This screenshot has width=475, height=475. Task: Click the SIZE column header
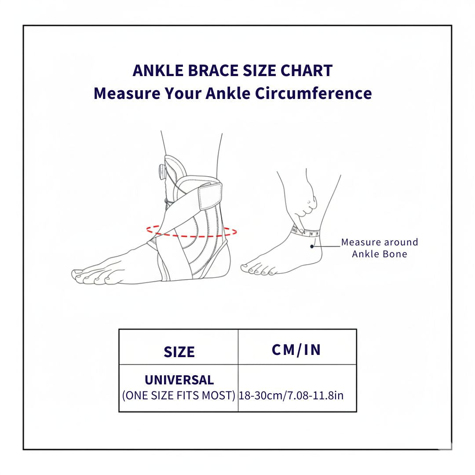tap(179, 352)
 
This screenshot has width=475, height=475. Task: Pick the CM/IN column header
tap(297, 350)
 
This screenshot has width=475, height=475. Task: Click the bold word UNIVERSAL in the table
tap(179, 380)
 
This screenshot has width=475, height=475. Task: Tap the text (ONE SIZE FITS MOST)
tap(179, 395)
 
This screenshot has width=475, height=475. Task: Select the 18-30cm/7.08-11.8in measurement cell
tap(291, 395)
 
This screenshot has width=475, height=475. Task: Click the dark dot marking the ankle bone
tap(312, 246)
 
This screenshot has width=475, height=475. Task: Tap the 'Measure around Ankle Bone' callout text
tap(380, 248)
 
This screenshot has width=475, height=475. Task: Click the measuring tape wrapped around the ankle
tap(308, 232)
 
